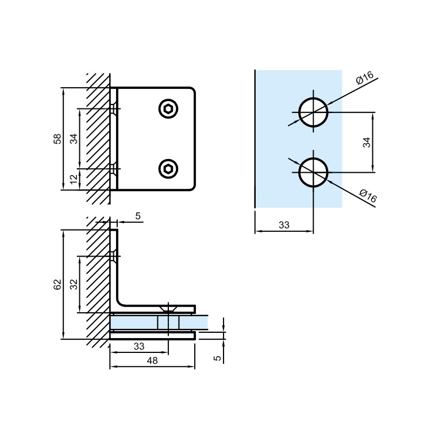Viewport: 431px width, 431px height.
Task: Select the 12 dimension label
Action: (x=74, y=180)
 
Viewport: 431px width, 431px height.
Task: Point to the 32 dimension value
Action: (x=74, y=284)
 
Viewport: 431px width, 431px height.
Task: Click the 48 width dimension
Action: (x=152, y=361)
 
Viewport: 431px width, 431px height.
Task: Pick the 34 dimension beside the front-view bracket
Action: (x=74, y=138)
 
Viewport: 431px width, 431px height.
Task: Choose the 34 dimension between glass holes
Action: (x=367, y=142)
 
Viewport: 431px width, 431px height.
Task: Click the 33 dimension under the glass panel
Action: (x=284, y=226)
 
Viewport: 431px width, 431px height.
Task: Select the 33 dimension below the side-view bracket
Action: (x=138, y=346)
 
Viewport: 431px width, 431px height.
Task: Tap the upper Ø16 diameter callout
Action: (x=364, y=79)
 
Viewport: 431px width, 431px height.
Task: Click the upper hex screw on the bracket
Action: (x=168, y=108)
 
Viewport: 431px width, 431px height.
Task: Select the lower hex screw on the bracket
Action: (x=168, y=168)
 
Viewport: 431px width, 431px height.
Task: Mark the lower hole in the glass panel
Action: (x=313, y=172)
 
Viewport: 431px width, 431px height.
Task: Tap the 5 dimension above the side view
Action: (x=138, y=216)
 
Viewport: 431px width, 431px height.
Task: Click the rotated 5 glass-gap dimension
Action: (x=217, y=358)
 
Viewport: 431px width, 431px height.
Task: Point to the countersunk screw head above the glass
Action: (x=168, y=309)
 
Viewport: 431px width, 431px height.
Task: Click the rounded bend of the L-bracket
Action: (x=122, y=301)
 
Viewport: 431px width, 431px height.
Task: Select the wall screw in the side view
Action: (x=116, y=257)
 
